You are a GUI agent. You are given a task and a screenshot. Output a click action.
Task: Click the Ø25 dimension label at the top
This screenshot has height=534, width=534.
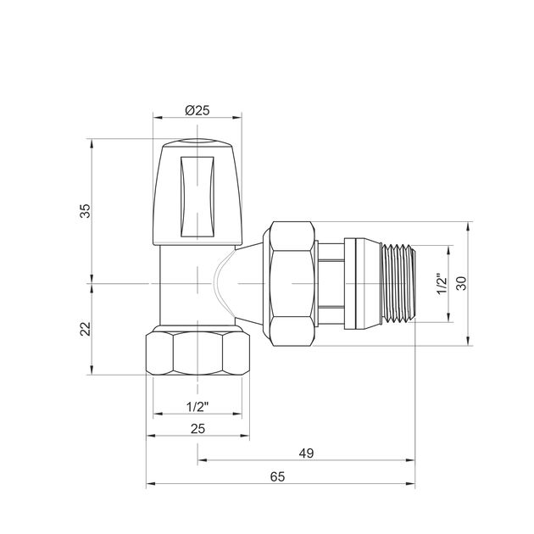click(197, 110)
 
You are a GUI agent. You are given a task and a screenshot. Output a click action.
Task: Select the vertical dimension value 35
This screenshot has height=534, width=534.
click(86, 211)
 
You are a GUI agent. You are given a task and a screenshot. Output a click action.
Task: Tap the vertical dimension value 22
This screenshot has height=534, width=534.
click(86, 329)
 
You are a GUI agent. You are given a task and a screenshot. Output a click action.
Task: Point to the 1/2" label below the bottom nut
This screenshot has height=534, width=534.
click(197, 407)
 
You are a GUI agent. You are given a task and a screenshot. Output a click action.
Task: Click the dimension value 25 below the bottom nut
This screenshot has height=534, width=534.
click(197, 429)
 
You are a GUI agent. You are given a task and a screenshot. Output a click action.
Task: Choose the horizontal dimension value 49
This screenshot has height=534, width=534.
click(306, 453)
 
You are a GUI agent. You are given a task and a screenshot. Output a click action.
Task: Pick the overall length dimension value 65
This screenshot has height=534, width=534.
click(277, 476)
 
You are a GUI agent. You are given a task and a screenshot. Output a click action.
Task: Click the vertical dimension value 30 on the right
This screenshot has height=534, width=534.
click(461, 283)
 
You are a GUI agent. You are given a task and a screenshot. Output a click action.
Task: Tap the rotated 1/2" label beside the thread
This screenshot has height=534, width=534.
click(442, 283)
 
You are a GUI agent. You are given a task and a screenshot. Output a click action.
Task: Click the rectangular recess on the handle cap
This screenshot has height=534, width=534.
click(197, 197)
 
